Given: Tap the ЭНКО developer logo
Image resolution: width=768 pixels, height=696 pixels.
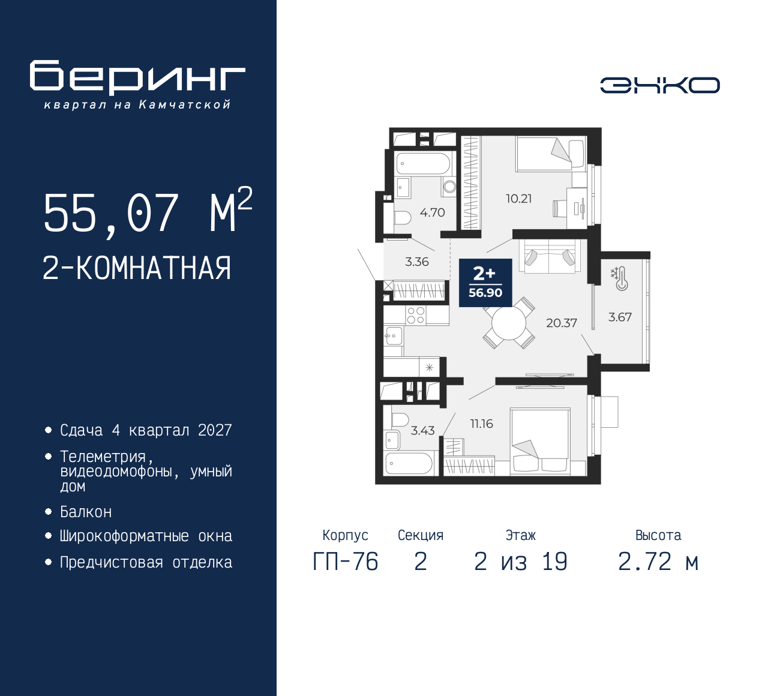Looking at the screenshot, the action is [x=659, y=85].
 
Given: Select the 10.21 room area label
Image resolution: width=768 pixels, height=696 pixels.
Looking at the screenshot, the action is [x=519, y=199].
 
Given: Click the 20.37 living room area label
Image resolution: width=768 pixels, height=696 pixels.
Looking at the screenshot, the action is [x=561, y=323].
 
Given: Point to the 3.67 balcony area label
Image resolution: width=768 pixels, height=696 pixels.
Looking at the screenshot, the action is [x=620, y=317].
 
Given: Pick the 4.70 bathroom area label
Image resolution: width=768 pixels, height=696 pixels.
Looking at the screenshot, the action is [x=432, y=212].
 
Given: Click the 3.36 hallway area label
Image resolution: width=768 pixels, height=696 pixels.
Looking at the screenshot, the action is [x=417, y=262].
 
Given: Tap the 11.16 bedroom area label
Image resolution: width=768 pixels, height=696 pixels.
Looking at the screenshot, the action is [x=482, y=424].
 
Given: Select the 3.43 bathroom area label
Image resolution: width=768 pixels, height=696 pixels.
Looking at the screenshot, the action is [x=422, y=430].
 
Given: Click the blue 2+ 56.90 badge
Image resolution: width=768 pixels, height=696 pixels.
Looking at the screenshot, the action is [x=485, y=283].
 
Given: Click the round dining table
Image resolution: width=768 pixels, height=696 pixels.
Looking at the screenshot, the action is [x=509, y=323].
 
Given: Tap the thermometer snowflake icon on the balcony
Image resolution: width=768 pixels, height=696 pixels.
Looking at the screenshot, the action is [x=619, y=278].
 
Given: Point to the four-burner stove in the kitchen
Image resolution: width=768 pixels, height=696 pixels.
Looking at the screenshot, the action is [x=416, y=315].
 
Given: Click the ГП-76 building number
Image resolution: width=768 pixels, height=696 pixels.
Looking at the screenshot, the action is [x=346, y=562].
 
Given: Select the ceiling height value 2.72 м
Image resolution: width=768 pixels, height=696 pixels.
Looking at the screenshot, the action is [x=658, y=562].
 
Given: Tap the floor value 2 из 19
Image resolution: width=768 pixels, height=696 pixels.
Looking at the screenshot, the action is [x=520, y=562].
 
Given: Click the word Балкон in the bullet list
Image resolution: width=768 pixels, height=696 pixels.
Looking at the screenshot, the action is [x=86, y=511].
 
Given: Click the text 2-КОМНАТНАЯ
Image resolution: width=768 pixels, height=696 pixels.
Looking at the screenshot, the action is [x=137, y=268].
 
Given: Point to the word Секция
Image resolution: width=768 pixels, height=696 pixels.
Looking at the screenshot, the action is [x=421, y=535].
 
